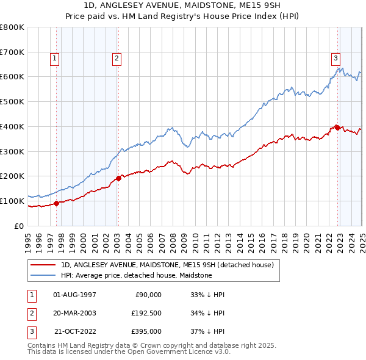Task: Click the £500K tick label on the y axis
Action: click(12, 101)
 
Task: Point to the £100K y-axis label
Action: click(12, 201)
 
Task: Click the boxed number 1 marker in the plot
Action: click(55, 59)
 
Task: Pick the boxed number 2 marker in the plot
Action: click(116, 59)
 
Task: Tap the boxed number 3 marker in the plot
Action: click(335, 59)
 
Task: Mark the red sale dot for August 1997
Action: click(57, 203)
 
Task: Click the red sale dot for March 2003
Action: click(119, 178)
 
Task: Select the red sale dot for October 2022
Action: click(337, 128)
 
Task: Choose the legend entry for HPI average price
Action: click(136, 275)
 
